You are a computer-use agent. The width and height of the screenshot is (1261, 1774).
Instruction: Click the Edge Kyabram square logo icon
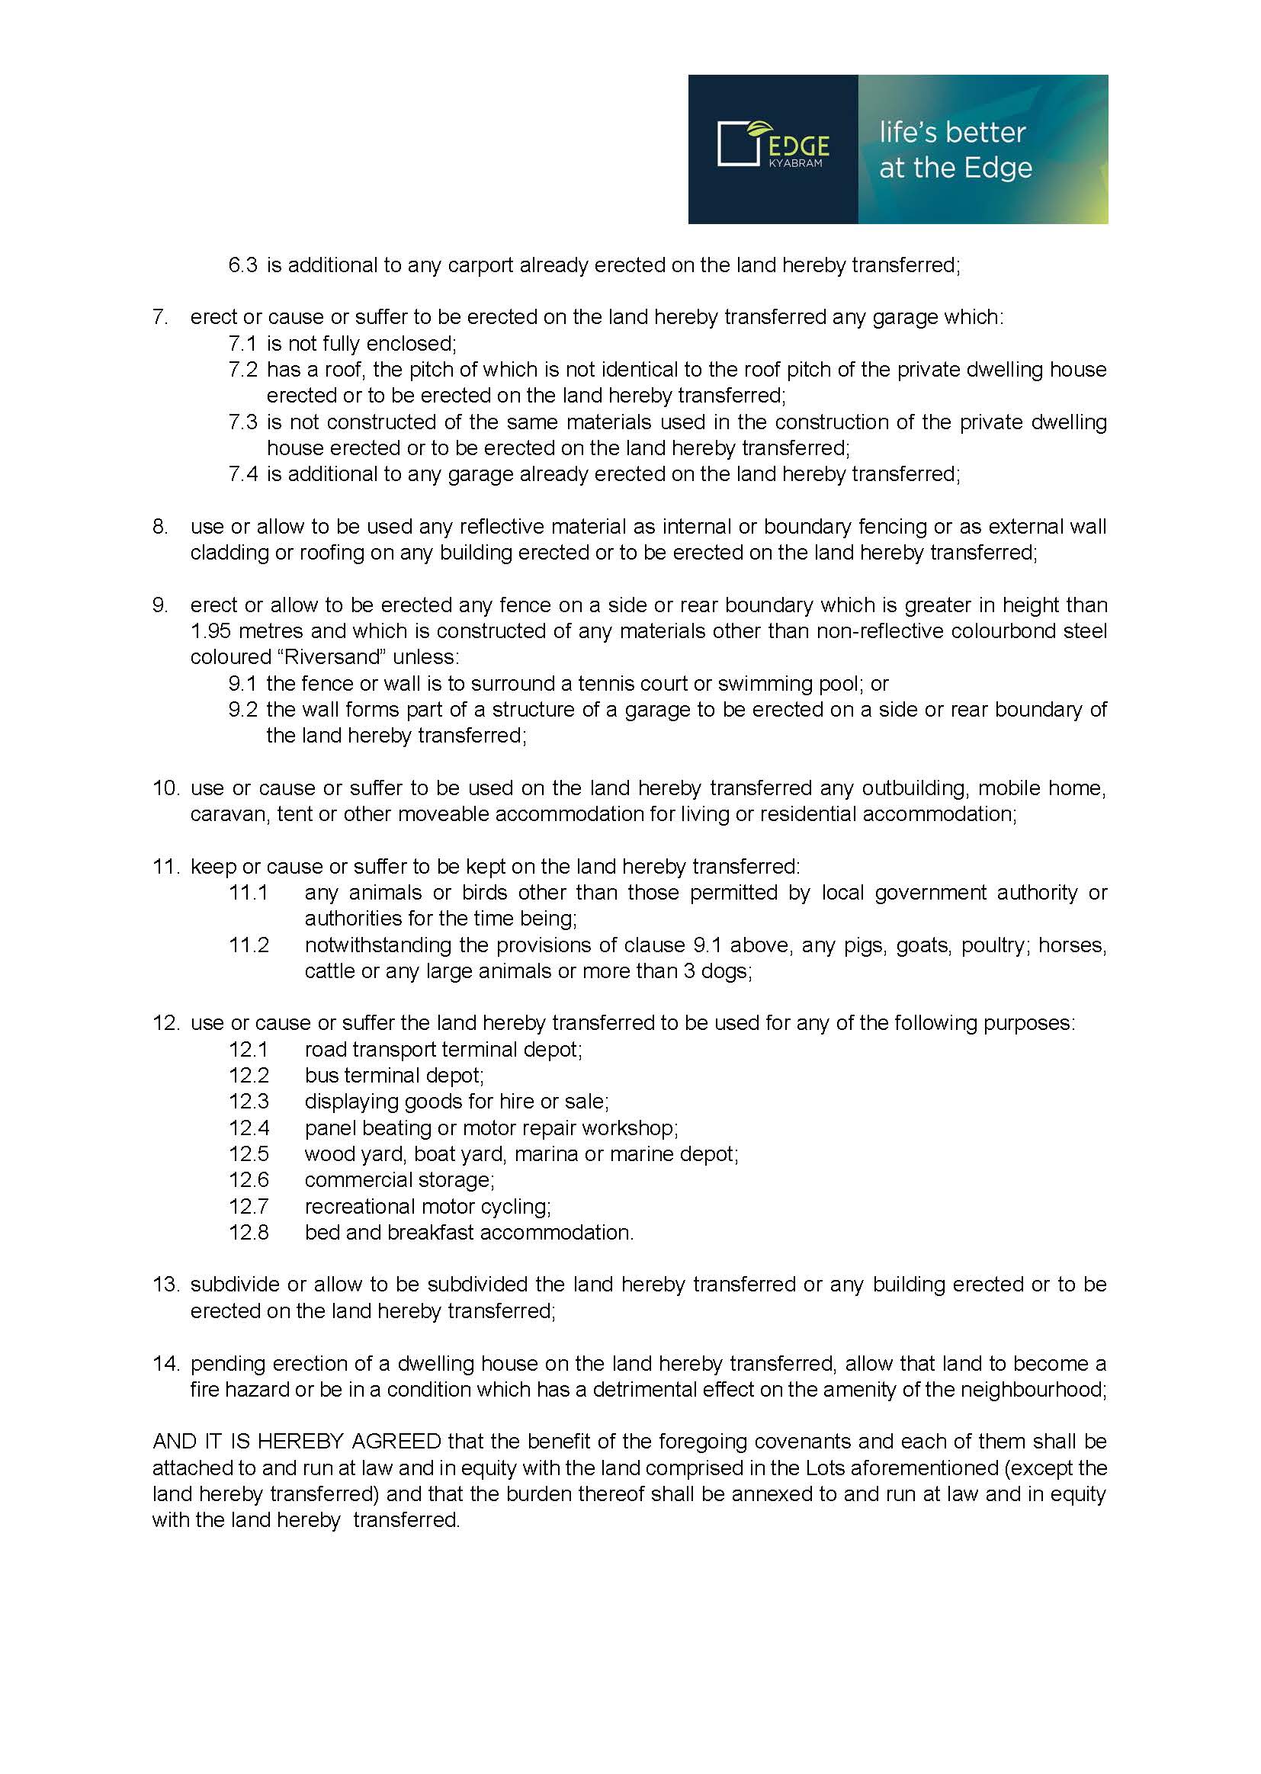click(738, 143)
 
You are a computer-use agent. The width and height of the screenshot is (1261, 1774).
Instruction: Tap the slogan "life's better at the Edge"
click(955, 150)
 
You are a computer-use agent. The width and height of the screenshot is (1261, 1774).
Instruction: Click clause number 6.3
click(242, 265)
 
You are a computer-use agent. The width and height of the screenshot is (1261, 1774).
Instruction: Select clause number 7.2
click(242, 370)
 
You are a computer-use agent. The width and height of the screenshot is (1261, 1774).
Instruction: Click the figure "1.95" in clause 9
click(211, 631)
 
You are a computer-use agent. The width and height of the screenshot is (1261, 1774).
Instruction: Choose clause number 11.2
click(249, 945)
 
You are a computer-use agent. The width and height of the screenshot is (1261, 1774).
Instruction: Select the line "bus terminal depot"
click(393, 1075)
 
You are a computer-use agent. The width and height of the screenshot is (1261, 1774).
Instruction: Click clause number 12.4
click(249, 1128)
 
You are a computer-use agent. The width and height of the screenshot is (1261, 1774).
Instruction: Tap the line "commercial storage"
click(399, 1180)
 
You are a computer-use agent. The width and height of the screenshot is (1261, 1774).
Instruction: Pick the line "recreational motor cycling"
click(427, 1207)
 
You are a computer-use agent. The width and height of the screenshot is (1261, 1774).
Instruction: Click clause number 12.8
click(249, 1232)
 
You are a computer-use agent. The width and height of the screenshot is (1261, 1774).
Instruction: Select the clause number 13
click(165, 1284)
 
